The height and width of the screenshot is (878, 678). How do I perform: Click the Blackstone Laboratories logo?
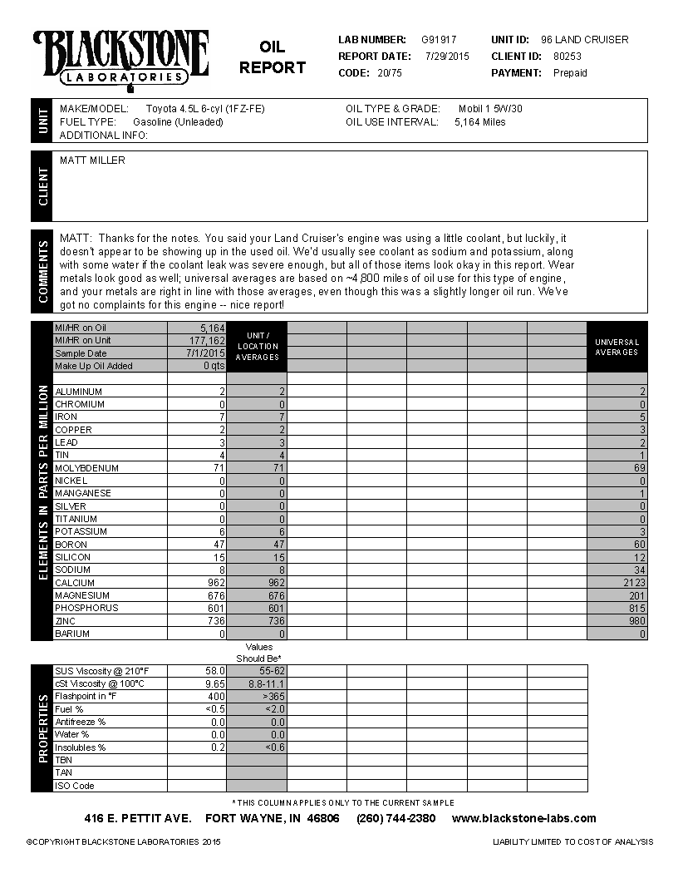[x=120, y=59]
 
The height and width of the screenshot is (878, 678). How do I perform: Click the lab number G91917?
[x=439, y=40]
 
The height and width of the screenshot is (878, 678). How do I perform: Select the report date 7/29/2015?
[x=447, y=57]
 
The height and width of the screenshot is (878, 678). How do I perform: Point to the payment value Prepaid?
[x=570, y=73]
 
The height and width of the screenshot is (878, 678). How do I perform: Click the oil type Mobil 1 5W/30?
[x=490, y=109]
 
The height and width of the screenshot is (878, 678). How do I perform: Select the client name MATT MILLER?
[x=92, y=160]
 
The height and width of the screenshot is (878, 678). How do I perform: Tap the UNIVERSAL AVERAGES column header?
[x=617, y=347]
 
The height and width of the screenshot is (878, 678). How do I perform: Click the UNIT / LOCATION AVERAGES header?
[x=257, y=347]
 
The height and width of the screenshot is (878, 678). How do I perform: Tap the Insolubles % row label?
[x=80, y=747]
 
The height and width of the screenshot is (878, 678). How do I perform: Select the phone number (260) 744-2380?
[x=395, y=818]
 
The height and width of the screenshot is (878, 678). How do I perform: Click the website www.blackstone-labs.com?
[x=523, y=818]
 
